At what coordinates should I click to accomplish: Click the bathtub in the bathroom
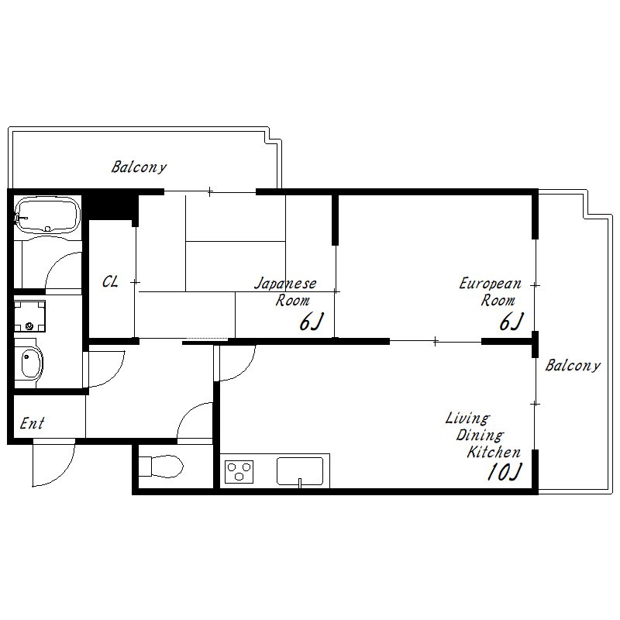click(47, 215)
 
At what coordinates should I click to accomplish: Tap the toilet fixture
click(161, 467)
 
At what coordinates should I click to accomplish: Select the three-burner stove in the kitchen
click(239, 472)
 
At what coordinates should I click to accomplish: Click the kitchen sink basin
click(300, 471)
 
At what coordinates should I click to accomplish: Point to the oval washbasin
click(31, 363)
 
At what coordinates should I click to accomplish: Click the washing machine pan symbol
click(29, 315)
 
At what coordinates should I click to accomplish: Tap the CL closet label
click(110, 281)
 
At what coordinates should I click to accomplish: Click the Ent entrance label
click(32, 423)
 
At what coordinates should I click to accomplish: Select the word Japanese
click(285, 284)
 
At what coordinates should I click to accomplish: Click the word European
click(491, 284)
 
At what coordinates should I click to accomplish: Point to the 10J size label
click(505, 472)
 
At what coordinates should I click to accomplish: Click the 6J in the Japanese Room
click(312, 322)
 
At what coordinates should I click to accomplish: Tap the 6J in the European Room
click(511, 322)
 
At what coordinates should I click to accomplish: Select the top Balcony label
click(139, 167)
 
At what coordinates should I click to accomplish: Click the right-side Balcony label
click(573, 365)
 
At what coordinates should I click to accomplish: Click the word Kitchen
click(494, 452)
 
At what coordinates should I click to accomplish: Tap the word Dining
click(480, 436)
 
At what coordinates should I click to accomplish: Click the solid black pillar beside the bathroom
click(112, 206)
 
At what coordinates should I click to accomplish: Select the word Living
click(468, 418)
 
